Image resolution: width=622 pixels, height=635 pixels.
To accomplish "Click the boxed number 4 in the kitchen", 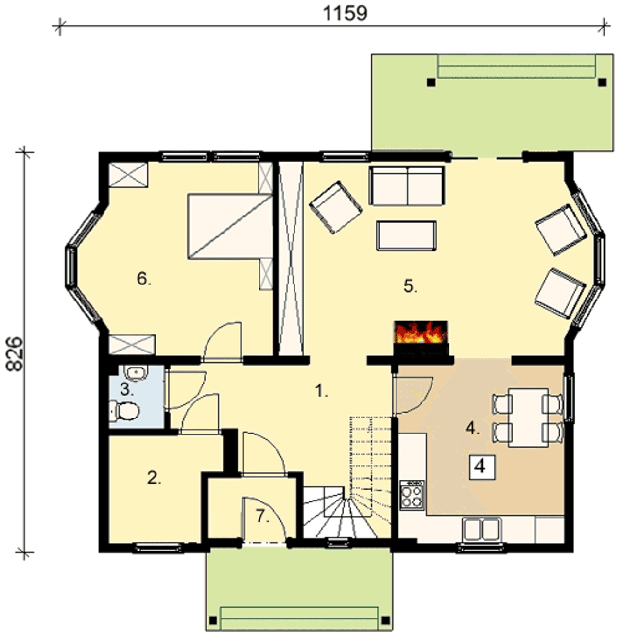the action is pos(482,468).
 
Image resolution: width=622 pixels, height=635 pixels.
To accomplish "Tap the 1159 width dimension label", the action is pos(345,14).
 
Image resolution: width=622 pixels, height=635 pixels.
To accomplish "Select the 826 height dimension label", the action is pos(15,354).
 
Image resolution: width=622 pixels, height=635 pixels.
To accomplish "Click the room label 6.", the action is pos(144,279).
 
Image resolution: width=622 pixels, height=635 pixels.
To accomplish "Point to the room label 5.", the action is pos(411,286).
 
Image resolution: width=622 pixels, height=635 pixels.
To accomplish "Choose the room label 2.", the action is pos(154,478).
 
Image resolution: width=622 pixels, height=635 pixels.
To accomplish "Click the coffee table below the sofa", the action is pos(406,235).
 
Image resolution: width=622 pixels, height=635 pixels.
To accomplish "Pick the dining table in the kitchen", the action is pos(528,418).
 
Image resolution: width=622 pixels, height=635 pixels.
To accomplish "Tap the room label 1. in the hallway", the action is pos(322,391).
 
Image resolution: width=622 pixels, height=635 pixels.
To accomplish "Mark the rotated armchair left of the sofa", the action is pos(335,207).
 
